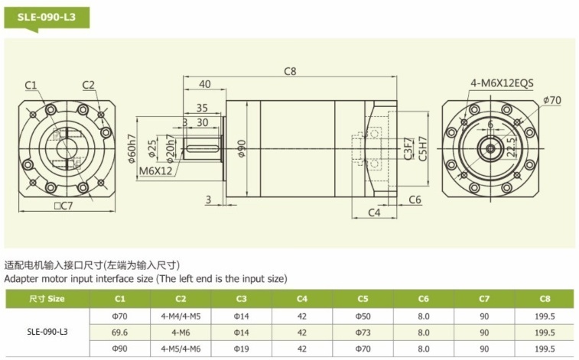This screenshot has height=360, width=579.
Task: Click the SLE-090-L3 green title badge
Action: click(47, 18)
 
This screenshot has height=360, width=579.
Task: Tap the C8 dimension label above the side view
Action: click(290, 71)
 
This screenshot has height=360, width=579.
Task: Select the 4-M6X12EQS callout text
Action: click(502, 83)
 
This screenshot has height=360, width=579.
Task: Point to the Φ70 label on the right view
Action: click(552, 100)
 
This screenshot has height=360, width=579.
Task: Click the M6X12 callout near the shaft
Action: click(156, 170)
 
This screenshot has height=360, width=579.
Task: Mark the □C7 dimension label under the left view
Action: click(63, 206)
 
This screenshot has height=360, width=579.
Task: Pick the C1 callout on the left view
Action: click(31, 85)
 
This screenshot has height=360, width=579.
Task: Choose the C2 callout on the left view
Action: click(88, 85)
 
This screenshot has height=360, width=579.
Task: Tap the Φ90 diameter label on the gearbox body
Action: click(242, 148)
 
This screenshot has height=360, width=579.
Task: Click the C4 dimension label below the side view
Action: click(374, 212)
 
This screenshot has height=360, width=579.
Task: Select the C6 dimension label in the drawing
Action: click(415, 199)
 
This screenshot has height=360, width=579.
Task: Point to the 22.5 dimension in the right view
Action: click(512, 148)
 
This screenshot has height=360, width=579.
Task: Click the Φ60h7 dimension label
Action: click(132, 148)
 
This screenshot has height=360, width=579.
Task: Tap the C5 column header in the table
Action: click(363, 299)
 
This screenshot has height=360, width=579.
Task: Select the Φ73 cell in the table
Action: click(363, 332)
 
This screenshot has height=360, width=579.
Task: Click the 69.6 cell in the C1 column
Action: click(119, 332)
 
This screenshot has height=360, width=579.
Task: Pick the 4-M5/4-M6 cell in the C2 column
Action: click(181, 349)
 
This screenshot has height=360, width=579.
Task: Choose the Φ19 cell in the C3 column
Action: click(241, 349)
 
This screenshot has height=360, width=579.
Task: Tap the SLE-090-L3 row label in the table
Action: click(47, 332)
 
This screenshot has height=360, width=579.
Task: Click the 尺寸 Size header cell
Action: click(47, 299)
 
